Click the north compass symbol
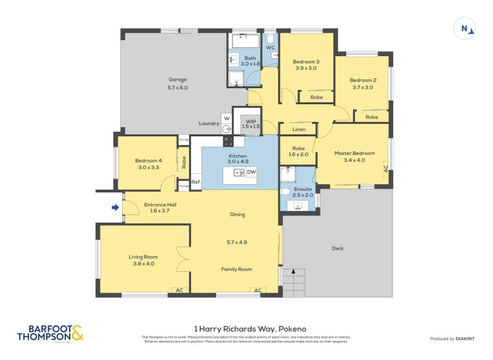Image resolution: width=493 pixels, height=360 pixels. [466, 28]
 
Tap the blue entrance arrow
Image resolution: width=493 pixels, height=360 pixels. [115, 208]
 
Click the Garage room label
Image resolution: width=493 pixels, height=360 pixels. [177, 80]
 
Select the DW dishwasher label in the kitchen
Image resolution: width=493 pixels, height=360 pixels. [251, 172]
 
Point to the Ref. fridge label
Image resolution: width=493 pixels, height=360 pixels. [196, 182]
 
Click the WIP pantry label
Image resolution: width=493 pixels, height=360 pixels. [251, 122]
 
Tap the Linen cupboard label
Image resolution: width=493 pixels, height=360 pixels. [299, 129]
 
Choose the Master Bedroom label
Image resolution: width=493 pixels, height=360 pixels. [354, 153]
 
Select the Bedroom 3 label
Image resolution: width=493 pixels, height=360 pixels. [306, 62]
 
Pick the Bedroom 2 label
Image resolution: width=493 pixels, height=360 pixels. [363, 80]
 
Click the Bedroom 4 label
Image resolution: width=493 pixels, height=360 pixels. [148, 161]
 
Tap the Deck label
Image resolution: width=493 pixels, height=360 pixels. [338, 248]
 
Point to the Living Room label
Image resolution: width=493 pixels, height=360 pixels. [143, 257]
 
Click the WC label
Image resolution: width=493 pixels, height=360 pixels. [271, 47]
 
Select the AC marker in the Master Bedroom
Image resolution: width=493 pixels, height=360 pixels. [386, 168]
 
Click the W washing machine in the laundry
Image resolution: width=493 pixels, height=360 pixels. [226, 118]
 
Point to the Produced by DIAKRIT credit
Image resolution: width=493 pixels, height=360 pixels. [452, 339]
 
